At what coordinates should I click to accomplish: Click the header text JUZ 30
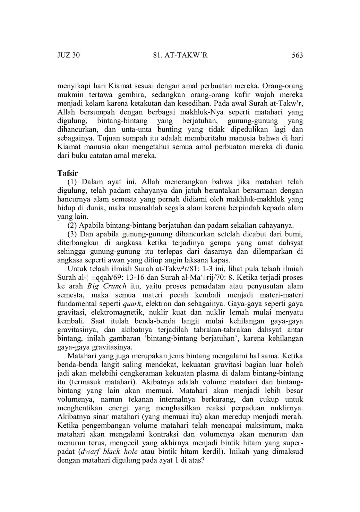(x=68, y=55)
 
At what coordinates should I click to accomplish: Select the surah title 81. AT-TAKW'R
(x=180, y=55)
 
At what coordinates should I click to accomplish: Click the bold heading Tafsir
(x=68, y=173)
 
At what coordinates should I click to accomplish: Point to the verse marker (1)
(x=72, y=182)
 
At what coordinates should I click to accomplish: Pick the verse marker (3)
(x=72, y=234)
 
